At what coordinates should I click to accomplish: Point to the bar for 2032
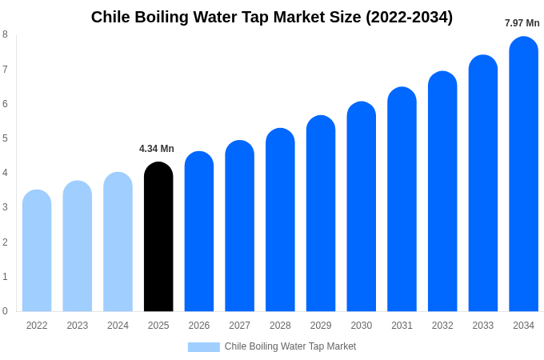click(442, 191)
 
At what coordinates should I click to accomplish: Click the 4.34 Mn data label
click(157, 149)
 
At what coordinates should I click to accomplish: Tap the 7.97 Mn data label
click(522, 23)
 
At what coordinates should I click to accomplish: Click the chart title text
click(272, 17)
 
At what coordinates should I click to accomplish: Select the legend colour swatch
click(203, 347)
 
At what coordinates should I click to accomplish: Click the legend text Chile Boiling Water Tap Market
click(290, 346)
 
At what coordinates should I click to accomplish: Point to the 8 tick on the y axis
click(5, 34)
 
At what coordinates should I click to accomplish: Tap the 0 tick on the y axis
click(5, 311)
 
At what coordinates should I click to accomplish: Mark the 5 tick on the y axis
click(5, 138)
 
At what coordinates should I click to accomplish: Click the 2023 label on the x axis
click(78, 326)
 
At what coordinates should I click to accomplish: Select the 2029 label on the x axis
click(321, 326)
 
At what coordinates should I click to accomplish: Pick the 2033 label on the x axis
click(483, 326)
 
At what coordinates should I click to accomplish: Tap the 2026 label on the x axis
click(199, 326)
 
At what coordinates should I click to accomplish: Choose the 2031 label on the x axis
click(402, 326)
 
